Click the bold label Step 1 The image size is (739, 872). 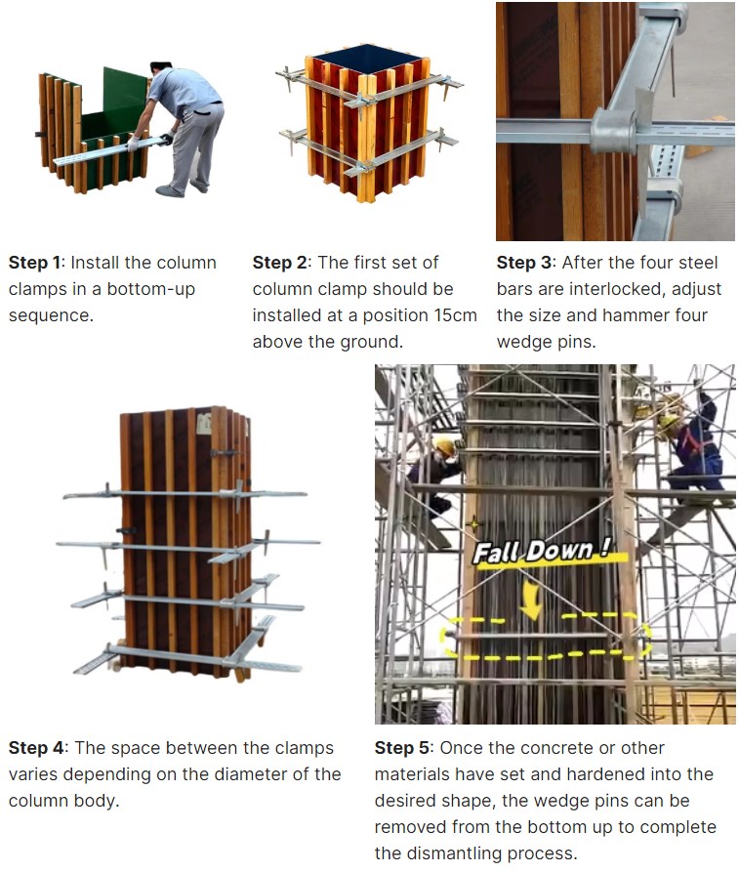(x=34, y=263)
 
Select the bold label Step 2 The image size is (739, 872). (x=279, y=263)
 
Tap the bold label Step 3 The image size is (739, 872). (x=523, y=263)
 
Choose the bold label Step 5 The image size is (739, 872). (x=401, y=748)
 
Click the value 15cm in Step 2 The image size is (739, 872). (x=456, y=315)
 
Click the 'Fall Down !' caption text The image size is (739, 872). (x=542, y=551)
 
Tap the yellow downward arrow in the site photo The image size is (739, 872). (x=532, y=601)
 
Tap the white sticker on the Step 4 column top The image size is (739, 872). (x=204, y=424)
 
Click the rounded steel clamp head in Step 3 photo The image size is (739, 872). (x=613, y=130)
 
